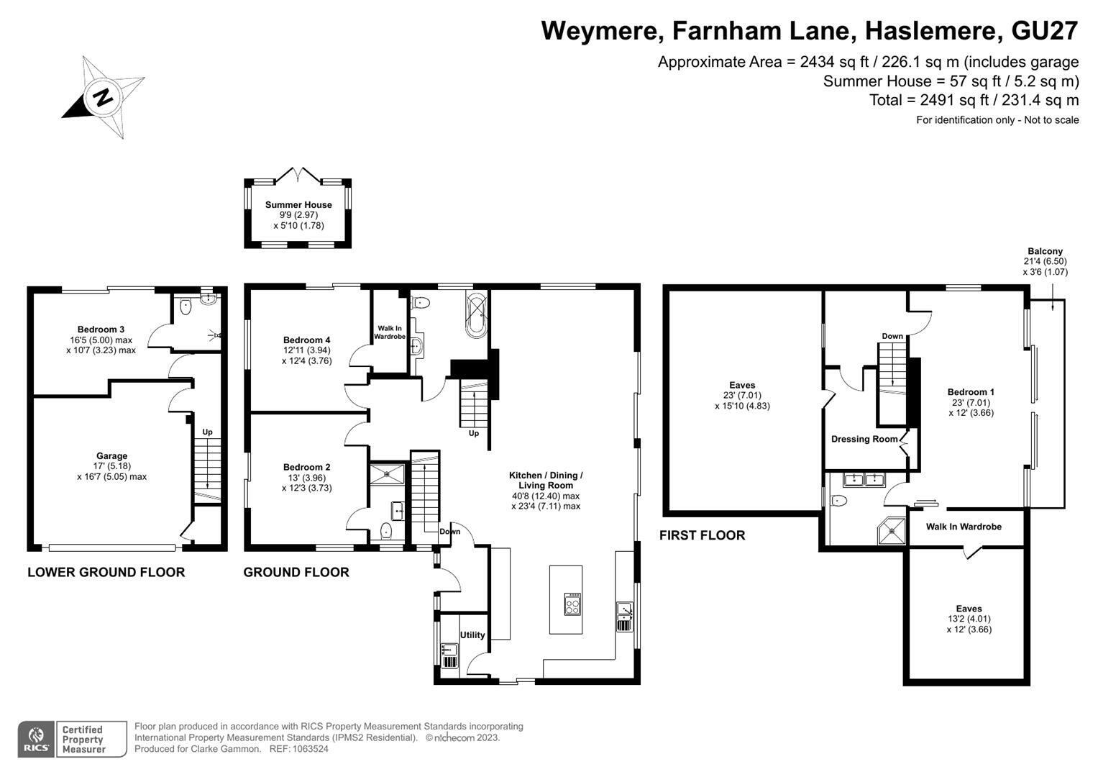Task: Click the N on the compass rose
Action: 103,97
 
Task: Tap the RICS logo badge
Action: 36,740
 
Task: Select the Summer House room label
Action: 298,204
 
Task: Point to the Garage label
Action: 111,455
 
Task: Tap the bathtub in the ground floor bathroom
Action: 476,314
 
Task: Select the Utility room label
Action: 472,635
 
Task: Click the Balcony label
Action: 1045,251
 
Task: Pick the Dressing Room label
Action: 865,439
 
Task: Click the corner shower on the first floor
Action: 892,531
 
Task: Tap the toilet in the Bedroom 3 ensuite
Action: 186,308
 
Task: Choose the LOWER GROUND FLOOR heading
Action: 106,572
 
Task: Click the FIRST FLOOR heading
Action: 702,535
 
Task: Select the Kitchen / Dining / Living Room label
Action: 546,481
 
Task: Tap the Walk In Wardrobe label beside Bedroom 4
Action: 390,332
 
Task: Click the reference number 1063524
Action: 310,749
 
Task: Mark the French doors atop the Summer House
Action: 298,176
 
